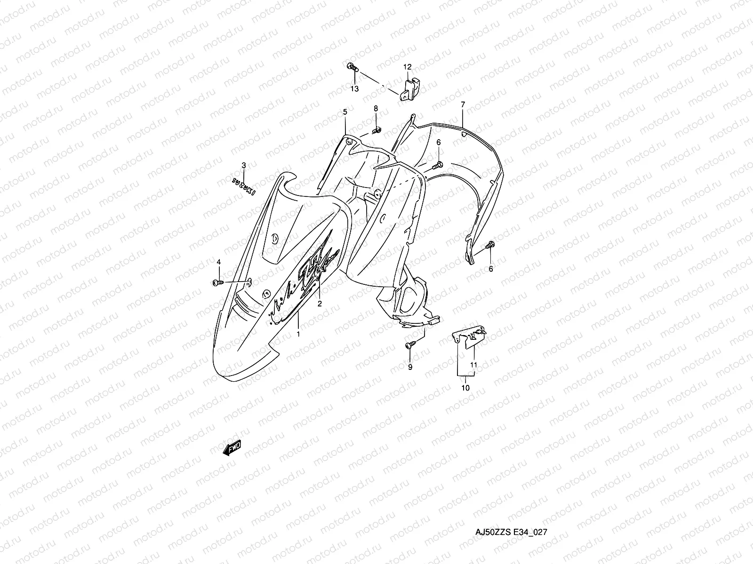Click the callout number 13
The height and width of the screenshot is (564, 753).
tap(354, 88)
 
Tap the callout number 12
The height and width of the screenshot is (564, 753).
tap(407, 67)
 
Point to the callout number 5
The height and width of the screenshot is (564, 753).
tap(345, 112)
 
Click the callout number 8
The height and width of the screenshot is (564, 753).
tap(376, 109)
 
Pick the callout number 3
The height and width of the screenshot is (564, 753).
tap(243, 165)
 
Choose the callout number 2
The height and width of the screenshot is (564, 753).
tap(320, 304)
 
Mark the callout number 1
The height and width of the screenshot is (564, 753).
tap(297, 333)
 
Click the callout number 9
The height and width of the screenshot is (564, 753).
tap(410, 367)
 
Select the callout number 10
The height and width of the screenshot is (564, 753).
tap(465, 388)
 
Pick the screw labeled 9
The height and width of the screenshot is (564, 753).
tap(409, 346)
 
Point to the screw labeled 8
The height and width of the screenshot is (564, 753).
tap(376, 129)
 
